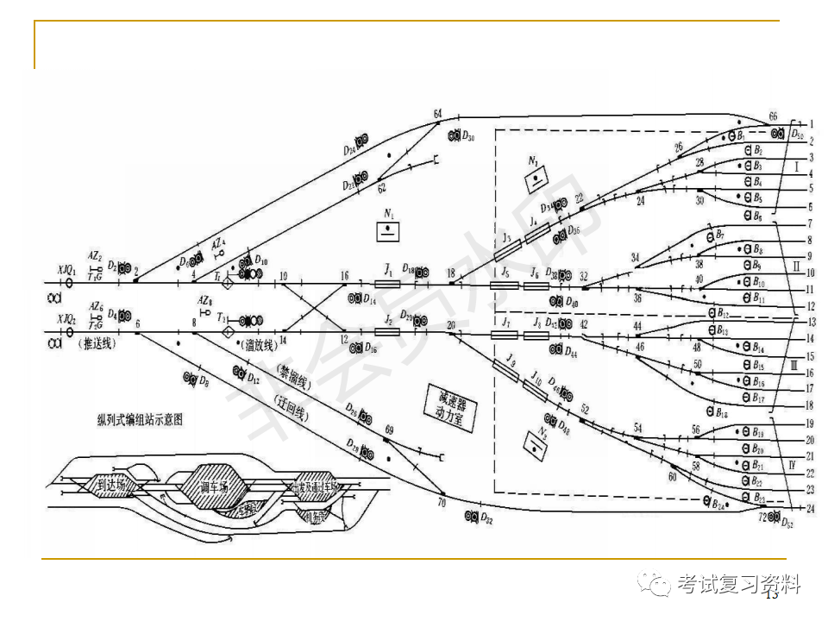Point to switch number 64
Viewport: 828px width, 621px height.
point(437,114)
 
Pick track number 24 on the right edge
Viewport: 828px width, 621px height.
point(811,508)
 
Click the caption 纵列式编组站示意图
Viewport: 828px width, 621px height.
point(146,420)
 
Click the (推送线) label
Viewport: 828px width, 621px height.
point(97,343)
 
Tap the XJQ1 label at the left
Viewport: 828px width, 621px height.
point(66,270)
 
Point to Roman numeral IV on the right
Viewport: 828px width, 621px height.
point(791,465)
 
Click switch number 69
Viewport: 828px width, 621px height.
point(389,430)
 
